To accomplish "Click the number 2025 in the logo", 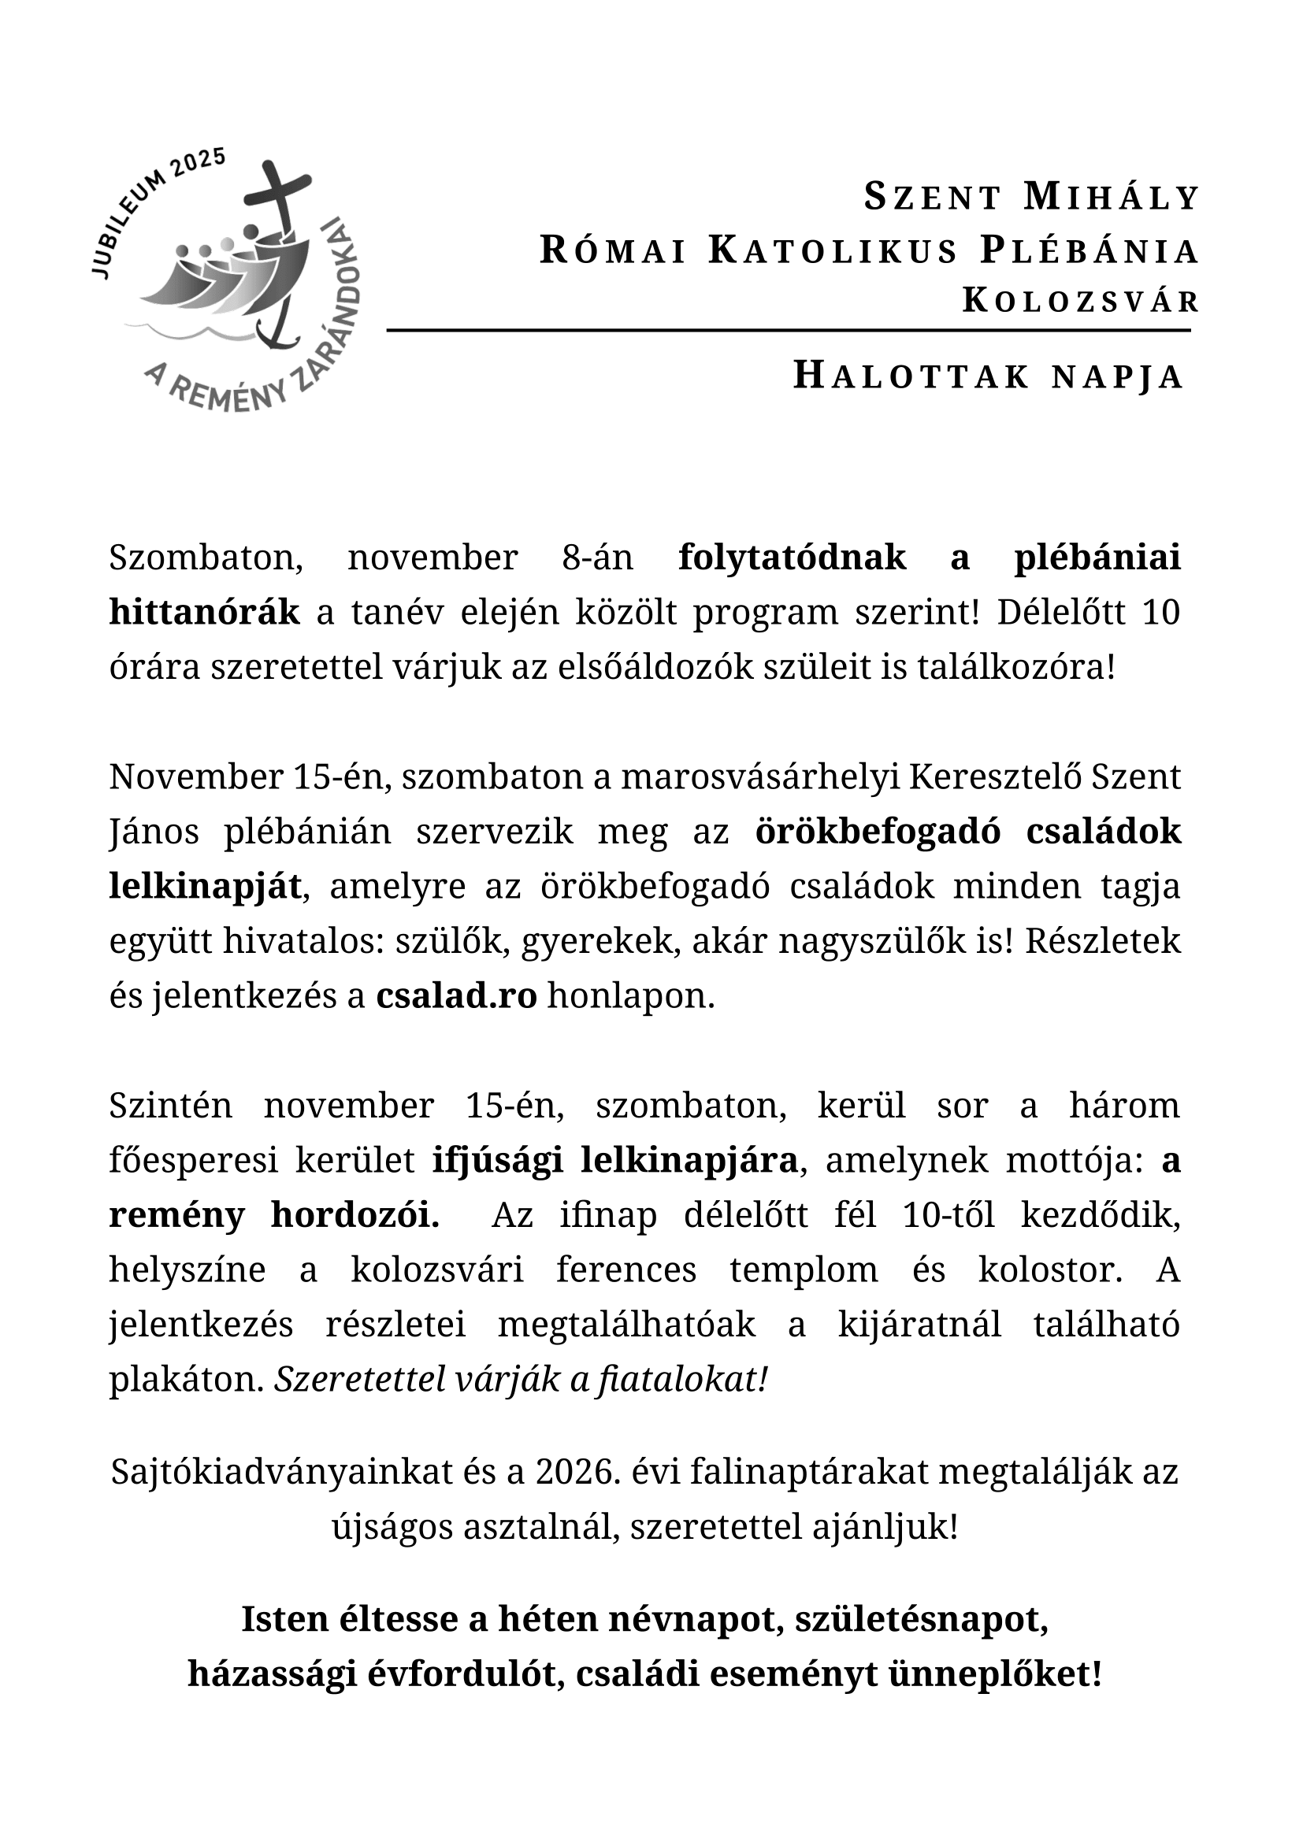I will pos(199,163).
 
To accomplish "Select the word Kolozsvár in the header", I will pos(1081,301).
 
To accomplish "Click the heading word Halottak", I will pos(911,376).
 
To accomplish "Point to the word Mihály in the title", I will pos(1112,198).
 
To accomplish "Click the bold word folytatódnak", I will pos(792,558).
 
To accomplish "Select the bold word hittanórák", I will pos(205,612).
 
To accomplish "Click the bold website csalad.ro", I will pos(455,996).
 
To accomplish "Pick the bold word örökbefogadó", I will pos(878,832).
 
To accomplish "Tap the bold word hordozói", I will pos(355,1215).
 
